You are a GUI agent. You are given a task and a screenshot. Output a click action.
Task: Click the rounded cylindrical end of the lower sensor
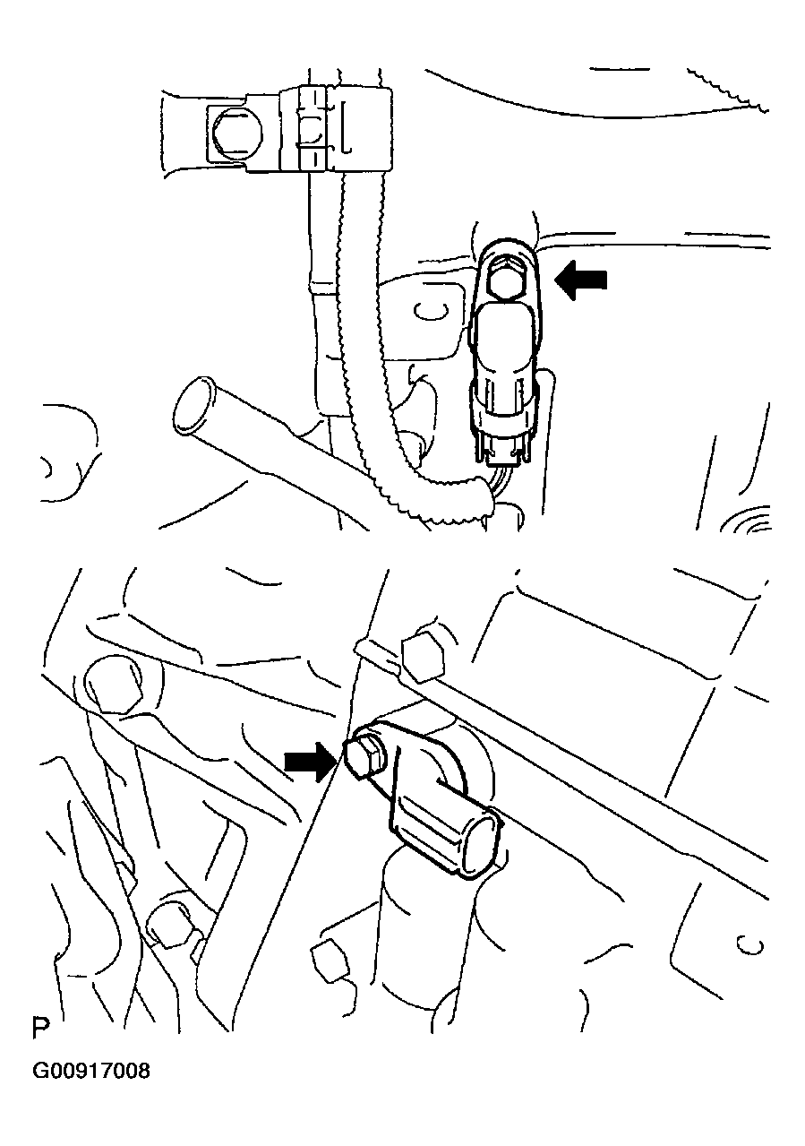[x=481, y=842]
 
